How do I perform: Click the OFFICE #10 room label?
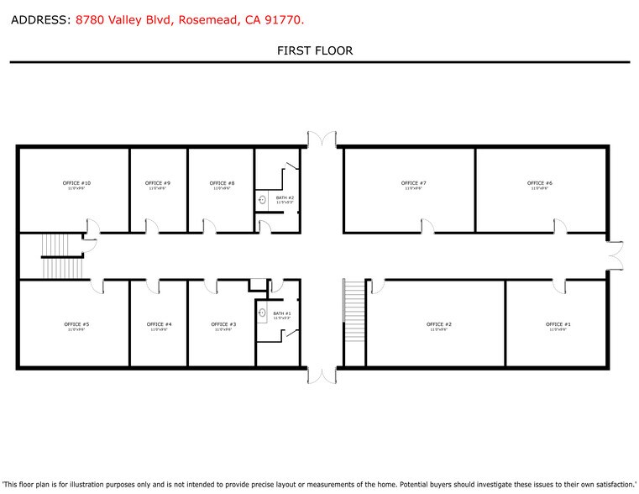pyautogui.click(x=76, y=183)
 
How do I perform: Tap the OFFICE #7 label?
pyautogui.click(x=414, y=183)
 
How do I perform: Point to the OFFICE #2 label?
pyautogui.click(x=439, y=324)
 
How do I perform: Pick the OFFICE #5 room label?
pyautogui.click(x=76, y=324)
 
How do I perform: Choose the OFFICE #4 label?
pyautogui.click(x=159, y=324)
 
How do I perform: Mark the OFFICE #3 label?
pyautogui.click(x=223, y=324)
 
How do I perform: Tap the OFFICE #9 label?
pyautogui.click(x=158, y=183)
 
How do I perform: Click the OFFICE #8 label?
pyautogui.click(x=222, y=183)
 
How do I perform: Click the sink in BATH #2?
pyautogui.click(x=262, y=200)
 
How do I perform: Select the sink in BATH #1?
pyautogui.click(x=262, y=314)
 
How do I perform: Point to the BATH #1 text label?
pyautogui.click(x=283, y=313)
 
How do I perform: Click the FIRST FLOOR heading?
pyautogui.click(x=315, y=51)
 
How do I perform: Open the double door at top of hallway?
pyautogui.click(x=322, y=138)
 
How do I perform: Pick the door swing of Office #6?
pyautogui.click(x=558, y=224)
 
